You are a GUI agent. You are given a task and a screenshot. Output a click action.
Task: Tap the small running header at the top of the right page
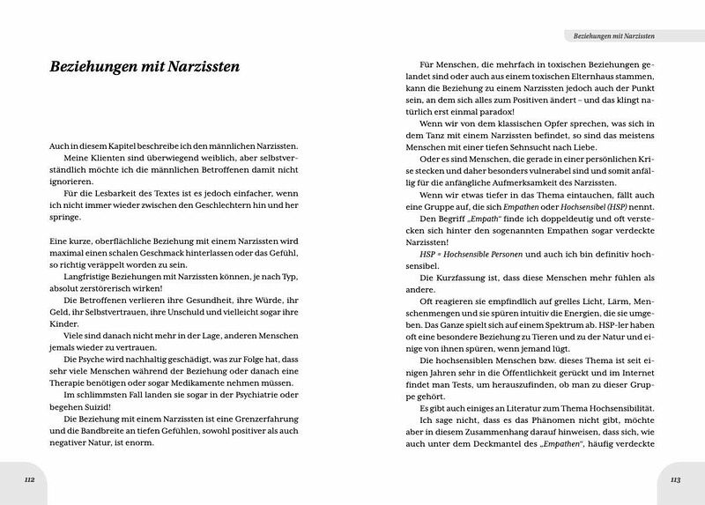pos(614,35)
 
